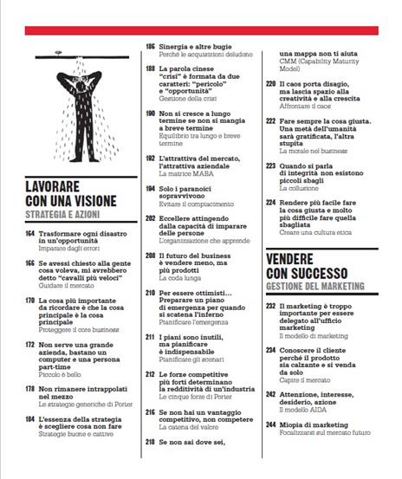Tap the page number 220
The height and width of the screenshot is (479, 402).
[x=271, y=84]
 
